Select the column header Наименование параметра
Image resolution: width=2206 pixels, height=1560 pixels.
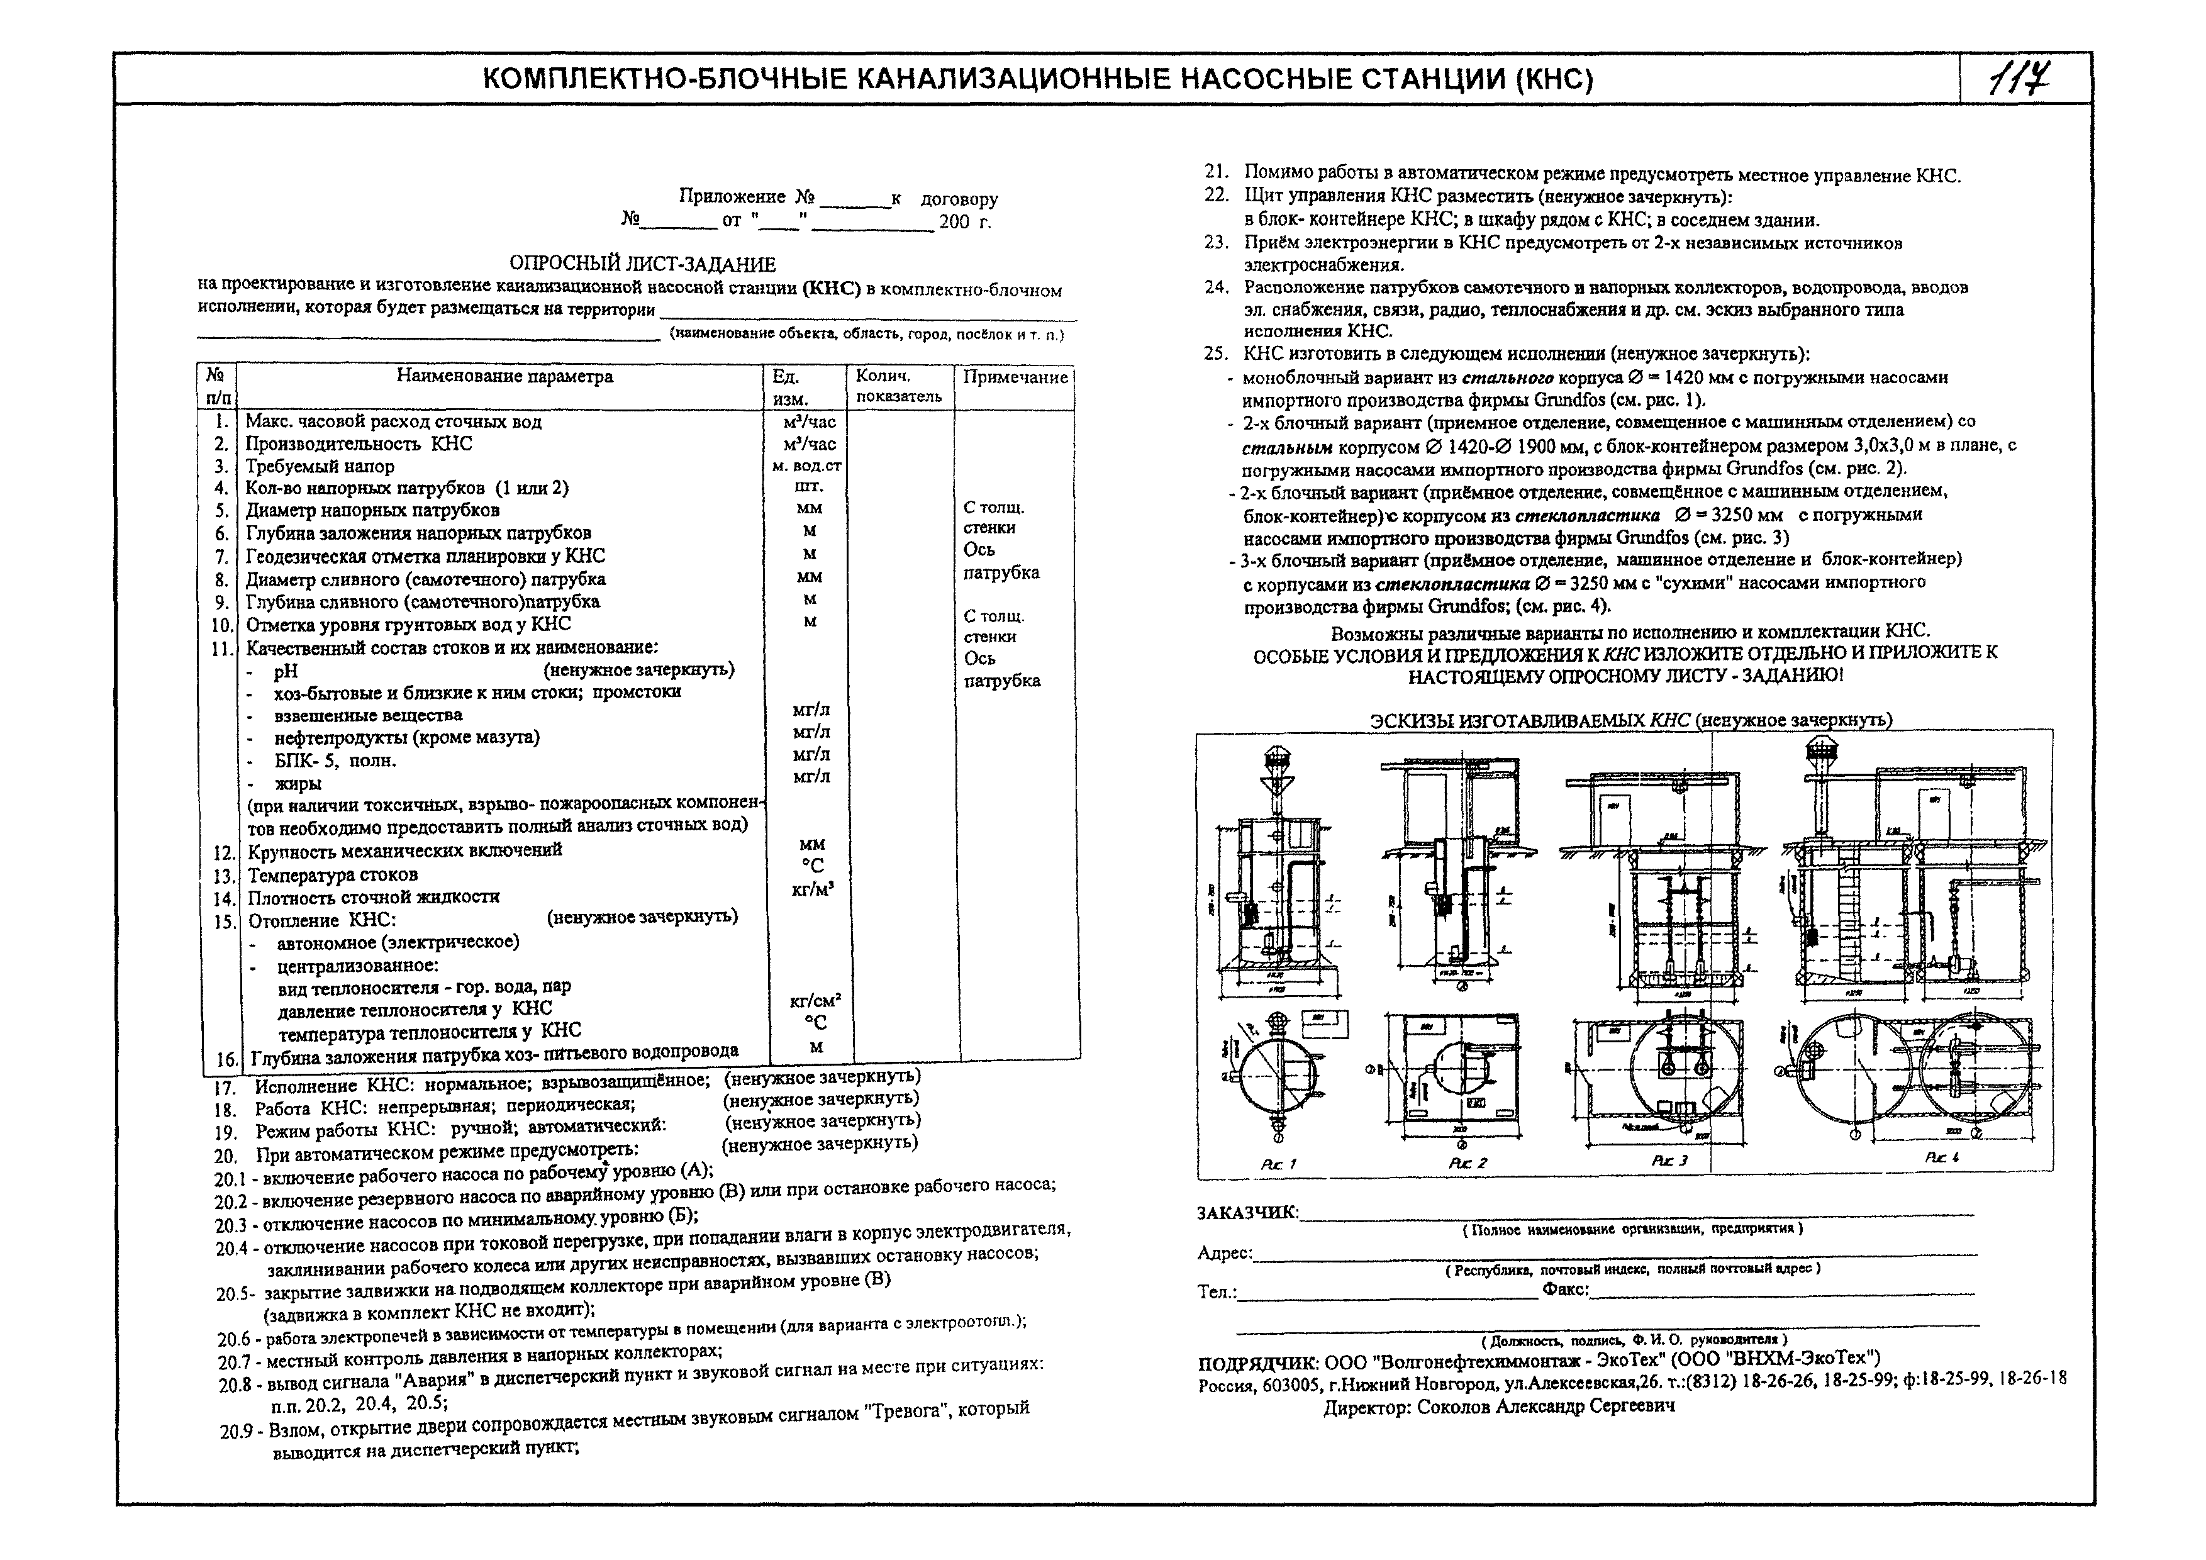pyautogui.click(x=504, y=377)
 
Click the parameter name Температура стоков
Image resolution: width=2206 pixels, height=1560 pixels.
pyautogui.click(x=332, y=875)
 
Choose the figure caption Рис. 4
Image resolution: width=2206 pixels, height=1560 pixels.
pyautogui.click(x=1942, y=1157)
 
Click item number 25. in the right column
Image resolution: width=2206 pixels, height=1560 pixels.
pyautogui.click(x=1217, y=354)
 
